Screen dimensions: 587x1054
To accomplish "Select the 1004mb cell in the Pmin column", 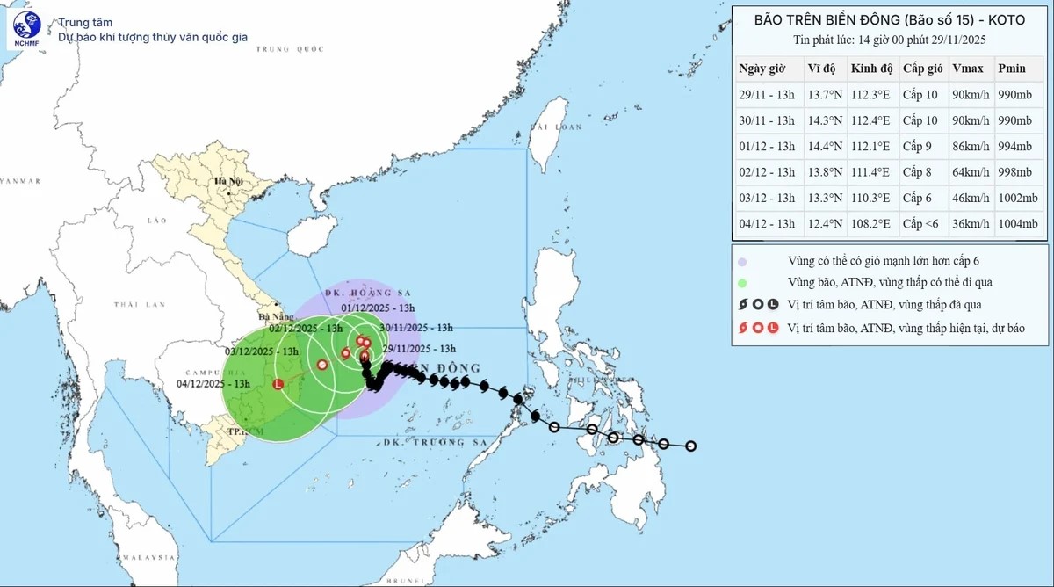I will (x=1018, y=224).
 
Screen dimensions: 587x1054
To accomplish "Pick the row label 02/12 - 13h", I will (x=767, y=172).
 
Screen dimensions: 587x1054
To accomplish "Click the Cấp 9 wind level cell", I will (x=919, y=147).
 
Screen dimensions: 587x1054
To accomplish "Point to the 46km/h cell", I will (x=971, y=199).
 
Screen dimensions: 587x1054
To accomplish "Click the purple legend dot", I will (x=743, y=262).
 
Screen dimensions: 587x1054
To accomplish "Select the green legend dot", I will (x=743, y=283).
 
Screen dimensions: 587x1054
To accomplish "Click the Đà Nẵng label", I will (x=269, y=315).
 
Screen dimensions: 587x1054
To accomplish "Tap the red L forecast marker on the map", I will (x=278, y=384).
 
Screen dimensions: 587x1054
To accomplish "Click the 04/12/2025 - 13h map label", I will (x=213, y=383).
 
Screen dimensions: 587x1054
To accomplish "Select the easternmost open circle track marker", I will (x=691, y=446).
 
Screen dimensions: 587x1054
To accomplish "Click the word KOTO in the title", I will (x=1005, y=19).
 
